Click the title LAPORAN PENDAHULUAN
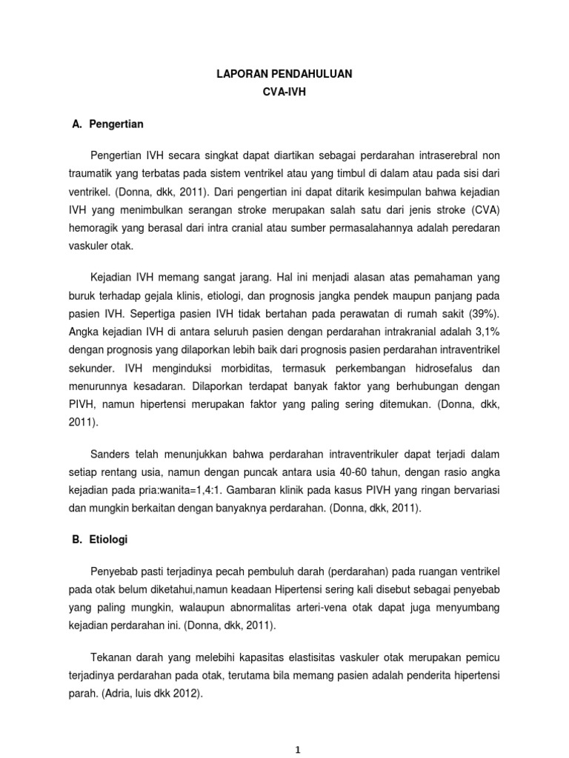[x=284, y=74]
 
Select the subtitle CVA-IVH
[x=284, y=94]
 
